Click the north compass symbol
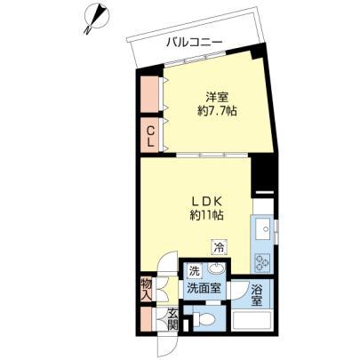pos(95,17)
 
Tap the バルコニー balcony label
pos(194,43)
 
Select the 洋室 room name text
pos(217,98)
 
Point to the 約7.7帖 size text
pos(217,111)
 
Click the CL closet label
pos(151,136)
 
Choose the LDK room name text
pos(206,202)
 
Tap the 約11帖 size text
pos(206,215)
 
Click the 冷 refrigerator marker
pos(220,247)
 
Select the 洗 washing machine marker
pos(195,271)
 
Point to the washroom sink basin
pos(216,269)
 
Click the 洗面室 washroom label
pos(204,288)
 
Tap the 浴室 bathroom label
pos(257,294)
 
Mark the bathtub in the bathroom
pos(252,320)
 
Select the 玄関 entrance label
pos(172,319)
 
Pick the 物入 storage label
pos(147,290)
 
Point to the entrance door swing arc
pos(169,348)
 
